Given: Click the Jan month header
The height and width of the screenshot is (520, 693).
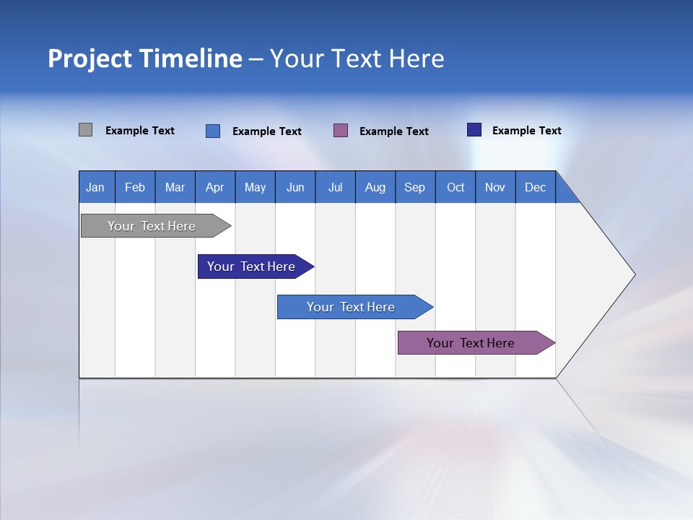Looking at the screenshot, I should (x=96, y=187).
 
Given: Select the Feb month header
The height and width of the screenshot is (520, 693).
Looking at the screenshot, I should (x=135, y=187).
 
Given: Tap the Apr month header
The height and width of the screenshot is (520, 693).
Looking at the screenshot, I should (x=215, y=187).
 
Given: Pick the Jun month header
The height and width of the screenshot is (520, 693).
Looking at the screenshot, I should (x=295, y=187).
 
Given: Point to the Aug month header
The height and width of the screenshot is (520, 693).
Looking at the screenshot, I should (x=375, y=187).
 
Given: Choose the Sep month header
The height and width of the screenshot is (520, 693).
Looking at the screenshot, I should (x=415, y=187).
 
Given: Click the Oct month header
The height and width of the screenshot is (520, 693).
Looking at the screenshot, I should (x=456, y=187).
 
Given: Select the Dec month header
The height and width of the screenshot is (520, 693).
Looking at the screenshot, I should (x=536, y=187).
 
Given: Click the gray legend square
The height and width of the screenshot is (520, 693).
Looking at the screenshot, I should (x=86, y=130).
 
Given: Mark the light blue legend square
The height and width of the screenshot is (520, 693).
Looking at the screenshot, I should (x=213, y=131).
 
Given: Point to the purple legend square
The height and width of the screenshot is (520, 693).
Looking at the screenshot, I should (x=341, y=131).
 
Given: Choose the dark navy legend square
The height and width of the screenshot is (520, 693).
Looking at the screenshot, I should (x=474, y=130).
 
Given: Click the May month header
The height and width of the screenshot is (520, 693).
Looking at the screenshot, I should (x=255, y=187).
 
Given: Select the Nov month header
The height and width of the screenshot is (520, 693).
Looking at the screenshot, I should (x=495, y=187).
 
